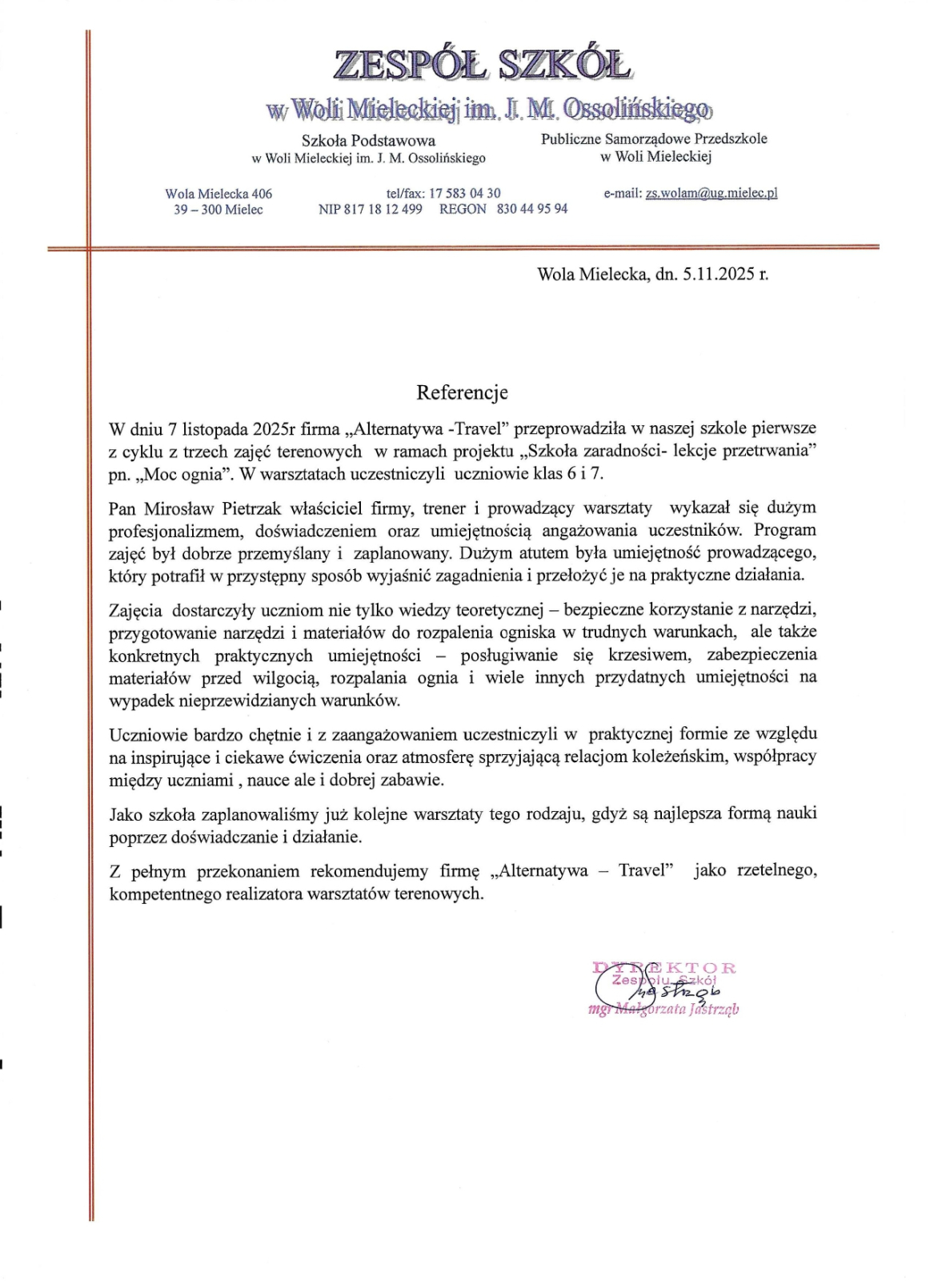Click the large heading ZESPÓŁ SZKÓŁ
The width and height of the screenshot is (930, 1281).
point(482,65)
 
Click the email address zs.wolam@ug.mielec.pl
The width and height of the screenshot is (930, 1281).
point(712,193)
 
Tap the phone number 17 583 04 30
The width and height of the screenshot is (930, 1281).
point(465,193)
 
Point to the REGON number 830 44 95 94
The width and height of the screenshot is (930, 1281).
point(532,209)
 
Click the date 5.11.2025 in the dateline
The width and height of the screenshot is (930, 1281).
point(719,274)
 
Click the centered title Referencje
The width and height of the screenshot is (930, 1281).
point(462,392)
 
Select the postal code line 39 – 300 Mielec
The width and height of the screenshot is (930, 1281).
point(218,210)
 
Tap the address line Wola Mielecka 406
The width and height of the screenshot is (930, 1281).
point(218,194)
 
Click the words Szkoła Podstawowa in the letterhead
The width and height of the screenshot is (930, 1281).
point(368,141)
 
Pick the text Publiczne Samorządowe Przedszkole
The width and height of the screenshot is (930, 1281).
point(654,139)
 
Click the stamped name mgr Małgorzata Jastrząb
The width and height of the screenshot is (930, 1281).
point(663,1010)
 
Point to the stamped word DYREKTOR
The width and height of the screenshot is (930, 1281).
point(664,968)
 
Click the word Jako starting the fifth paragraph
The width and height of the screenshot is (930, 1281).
point(126,814)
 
